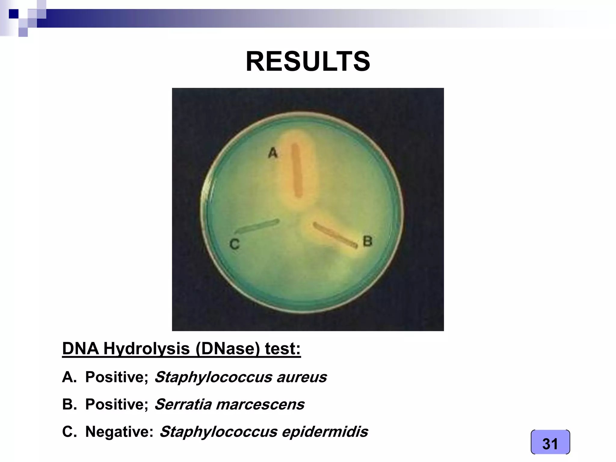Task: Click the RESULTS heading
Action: (x=308, y=61)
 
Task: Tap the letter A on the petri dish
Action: (x=273, y=153)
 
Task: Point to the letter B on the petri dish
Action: (x=368, y=241)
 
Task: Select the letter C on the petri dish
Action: (x=235, y=244)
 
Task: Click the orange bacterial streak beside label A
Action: (x=297, y=170)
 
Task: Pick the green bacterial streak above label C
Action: (x=257, y=226)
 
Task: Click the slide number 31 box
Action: (x=550, y=443)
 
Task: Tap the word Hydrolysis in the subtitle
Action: (x=147, y=349)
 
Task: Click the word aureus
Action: (x=301, y=377)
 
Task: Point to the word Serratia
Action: (x=183, y=404)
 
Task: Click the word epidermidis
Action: (x=325, y=432)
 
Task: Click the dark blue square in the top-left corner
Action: (x=14, y=14)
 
